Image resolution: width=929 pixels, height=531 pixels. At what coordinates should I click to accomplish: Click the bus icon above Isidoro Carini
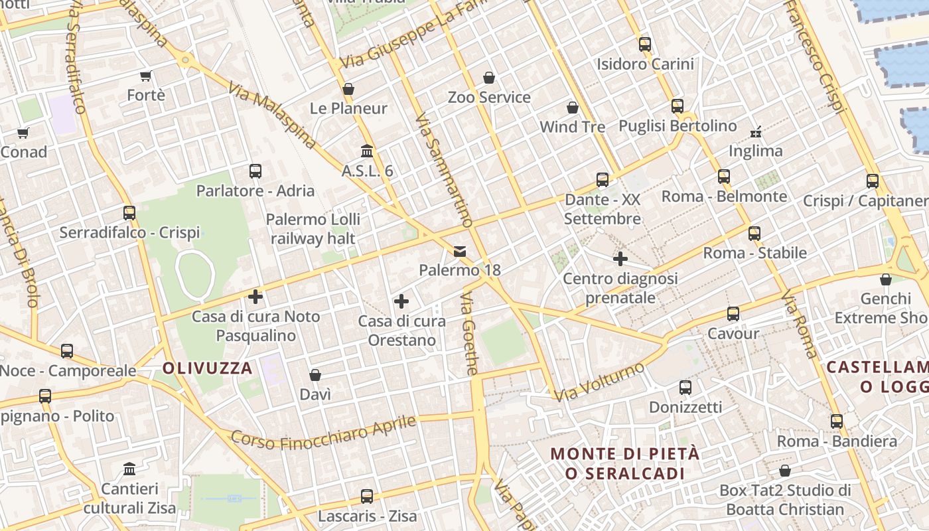pyautogui.click(x=644, y=44)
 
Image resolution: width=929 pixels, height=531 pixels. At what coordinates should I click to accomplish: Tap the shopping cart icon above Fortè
pyautogui.click(x=146, y=76)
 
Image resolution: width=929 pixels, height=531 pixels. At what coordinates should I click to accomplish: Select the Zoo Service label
pyautogui.click(x=489, y=98)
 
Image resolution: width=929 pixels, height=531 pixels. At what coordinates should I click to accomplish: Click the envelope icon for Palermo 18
pyautogui.click(x=459, y=251)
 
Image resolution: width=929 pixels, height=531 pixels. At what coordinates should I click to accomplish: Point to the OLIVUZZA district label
pyautogui.click(x=208, y=368)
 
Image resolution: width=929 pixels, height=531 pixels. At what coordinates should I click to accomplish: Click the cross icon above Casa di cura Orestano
pyautogui.click(x=401, y=301)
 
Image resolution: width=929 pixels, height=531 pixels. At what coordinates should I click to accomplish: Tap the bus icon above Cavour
pyautogui.click(x=733, y=313)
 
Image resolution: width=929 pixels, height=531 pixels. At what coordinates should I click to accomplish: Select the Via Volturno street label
pyautogui.click(x=599, y=382)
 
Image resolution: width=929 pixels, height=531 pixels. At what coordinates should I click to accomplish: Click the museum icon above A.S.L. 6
pyautogui.click(x=366, y=151)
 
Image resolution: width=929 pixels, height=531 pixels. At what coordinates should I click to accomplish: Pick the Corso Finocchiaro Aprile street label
pyautogui.click(x=323, y=433)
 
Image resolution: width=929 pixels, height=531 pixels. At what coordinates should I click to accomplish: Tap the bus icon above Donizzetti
pyautogui.click(x=685, y=387)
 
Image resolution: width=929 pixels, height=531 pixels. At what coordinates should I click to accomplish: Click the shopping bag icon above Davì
pyautogui.click(x=315, y=375)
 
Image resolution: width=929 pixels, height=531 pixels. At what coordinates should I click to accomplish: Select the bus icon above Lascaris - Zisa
pyautogui.click(x=366, y=496)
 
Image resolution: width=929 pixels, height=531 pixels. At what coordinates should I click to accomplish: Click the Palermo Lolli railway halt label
pyautogui.click(x=313, y=228)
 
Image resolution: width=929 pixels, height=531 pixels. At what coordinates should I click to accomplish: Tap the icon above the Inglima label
pyautogui.click(x=755, y=131)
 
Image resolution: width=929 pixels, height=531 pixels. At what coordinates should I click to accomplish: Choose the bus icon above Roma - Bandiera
pyautogui.click(x=836, y=421)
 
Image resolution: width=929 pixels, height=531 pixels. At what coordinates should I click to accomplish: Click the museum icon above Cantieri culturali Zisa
pyautogui.click(x=129, y=469)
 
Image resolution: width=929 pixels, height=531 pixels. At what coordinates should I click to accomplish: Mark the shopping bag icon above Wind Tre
pyautogui.click(x=572, y=107)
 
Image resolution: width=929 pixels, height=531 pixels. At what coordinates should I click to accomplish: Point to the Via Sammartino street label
pyautogui.click(x=443, y=170)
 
